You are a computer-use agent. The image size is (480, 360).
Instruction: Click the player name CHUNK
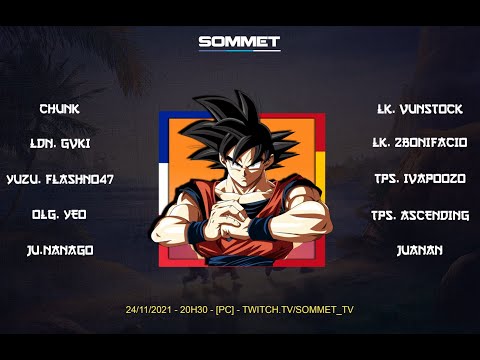click(x=60, y=108)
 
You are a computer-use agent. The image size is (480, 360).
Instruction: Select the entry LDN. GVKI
click(x=60, y=143)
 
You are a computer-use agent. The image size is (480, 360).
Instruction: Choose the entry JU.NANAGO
click(x=60, y=249)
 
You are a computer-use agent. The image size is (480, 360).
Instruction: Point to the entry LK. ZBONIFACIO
click(x=419, y=143)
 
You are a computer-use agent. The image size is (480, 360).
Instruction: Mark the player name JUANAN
click(x=419, y=249)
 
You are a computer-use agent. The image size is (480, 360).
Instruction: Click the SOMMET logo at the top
click(x=239, y=42)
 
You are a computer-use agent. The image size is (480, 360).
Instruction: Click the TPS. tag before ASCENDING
click(x=385, y=214)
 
